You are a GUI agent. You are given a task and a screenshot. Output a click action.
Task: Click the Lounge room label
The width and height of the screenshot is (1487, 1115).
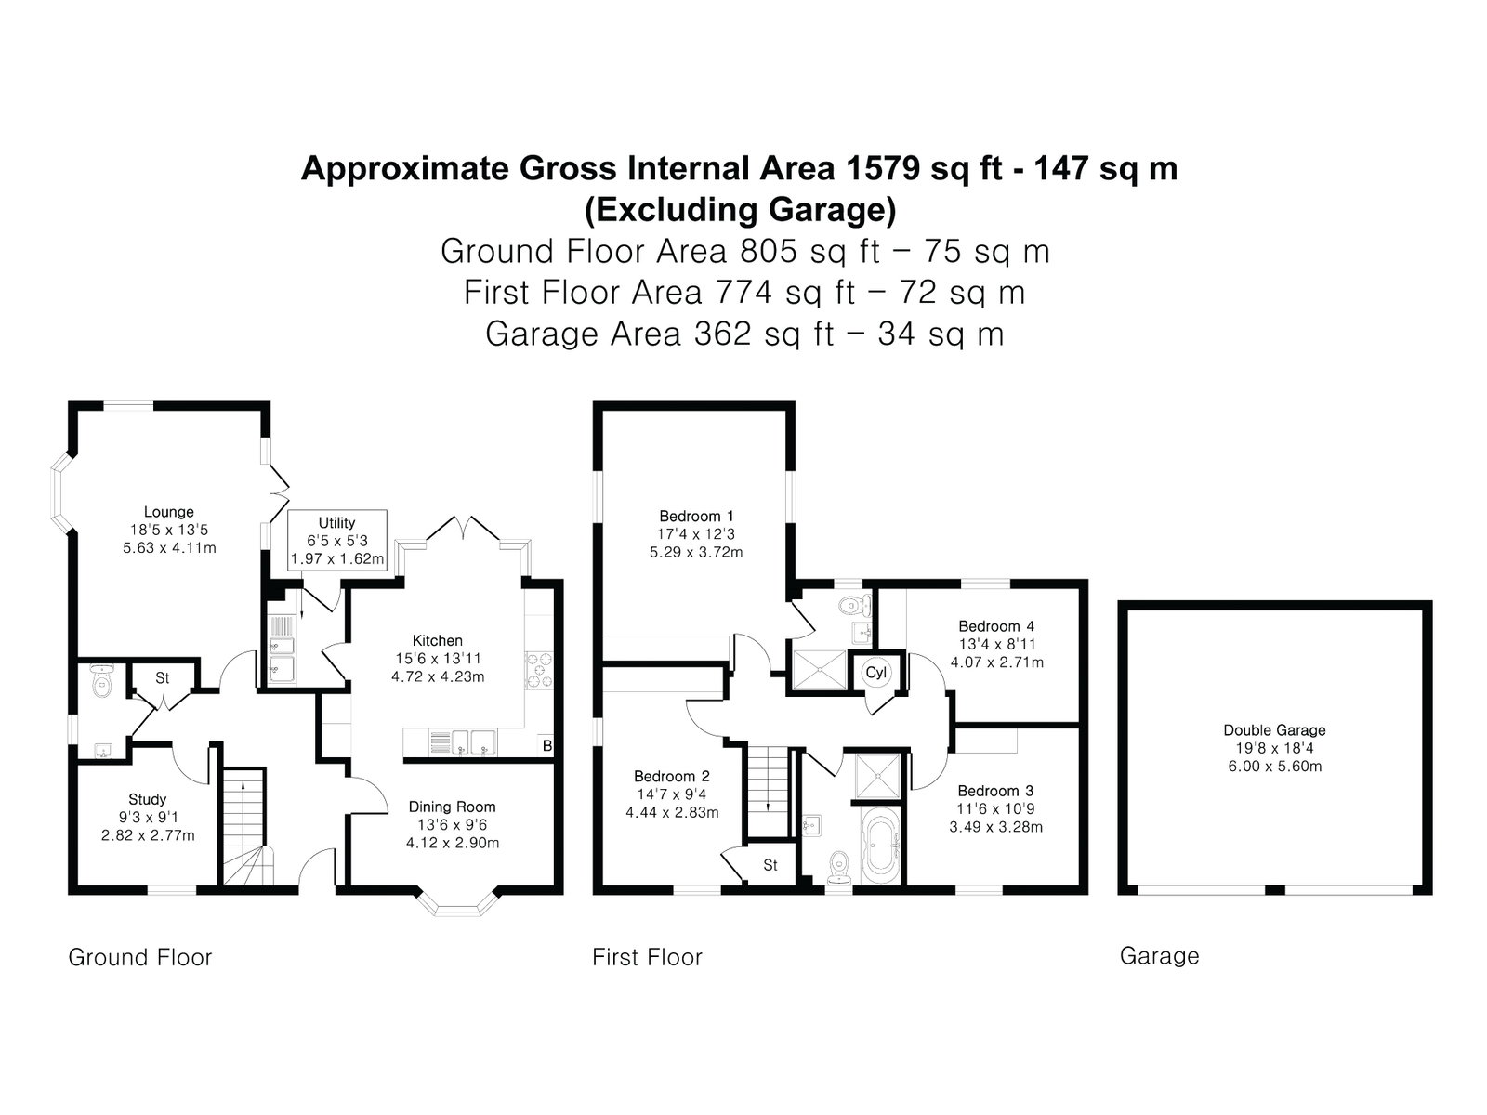click(169, 513)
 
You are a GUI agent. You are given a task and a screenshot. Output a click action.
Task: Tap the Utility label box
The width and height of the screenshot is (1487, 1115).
click(337, 540)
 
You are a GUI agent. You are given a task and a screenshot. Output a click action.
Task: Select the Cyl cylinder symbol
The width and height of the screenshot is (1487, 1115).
click(876, 672)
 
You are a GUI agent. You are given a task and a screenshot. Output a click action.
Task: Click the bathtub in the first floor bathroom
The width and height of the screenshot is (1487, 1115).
click(880, 846)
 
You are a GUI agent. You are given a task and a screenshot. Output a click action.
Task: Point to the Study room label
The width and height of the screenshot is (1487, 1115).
click(148, 799)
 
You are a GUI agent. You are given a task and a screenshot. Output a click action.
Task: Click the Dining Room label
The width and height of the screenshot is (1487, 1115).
click(452, 807)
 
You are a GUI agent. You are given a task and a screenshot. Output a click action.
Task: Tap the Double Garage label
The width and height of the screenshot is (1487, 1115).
click(1274, 730)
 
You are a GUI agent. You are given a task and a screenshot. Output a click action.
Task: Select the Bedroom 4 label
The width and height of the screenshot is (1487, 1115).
click(996, 626)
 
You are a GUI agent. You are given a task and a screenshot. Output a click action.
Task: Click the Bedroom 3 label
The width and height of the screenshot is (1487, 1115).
click(995, 791)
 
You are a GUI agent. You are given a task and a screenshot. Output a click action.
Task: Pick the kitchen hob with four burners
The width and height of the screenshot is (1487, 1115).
click(539, 670)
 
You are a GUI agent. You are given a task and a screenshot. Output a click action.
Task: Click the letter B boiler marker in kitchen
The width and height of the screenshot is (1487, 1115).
click(547, 746)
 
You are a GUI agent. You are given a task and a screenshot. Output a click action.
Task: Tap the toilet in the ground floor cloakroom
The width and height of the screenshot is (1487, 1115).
click(101, 681)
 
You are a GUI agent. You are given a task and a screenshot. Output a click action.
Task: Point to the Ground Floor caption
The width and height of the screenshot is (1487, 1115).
click(140, 957)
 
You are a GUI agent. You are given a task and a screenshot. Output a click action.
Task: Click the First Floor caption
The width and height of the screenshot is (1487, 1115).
click(647, 957)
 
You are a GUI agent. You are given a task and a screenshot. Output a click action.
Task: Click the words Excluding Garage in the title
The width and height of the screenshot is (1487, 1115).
click(741, 210)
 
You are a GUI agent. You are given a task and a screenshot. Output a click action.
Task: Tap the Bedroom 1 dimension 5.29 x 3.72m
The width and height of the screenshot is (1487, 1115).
click(696, 553)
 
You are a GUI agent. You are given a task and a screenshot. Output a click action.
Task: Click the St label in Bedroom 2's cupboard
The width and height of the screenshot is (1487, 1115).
click(770, 865)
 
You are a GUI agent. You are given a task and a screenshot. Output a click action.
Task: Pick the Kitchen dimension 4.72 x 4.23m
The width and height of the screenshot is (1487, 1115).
click(438, 676)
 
